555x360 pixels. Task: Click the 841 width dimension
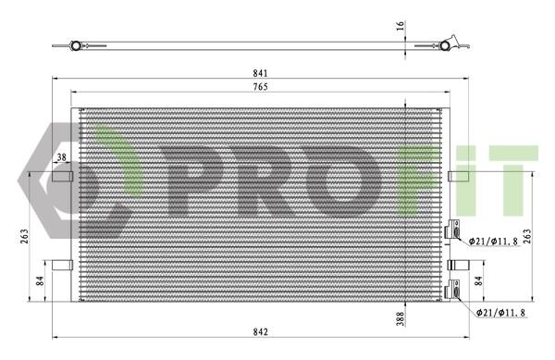(260, 73)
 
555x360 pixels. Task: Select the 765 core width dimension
(260, 87)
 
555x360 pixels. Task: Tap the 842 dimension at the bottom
(261, 332)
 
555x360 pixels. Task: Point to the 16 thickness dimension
(400, 26)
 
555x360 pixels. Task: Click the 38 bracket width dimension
(62, 157)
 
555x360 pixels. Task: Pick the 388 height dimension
(400, 318)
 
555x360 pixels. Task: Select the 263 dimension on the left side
(24, 236)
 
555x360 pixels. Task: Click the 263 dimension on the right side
(527, 236)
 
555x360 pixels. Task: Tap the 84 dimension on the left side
(40, 281)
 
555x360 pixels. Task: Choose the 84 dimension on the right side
(478, 281)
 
